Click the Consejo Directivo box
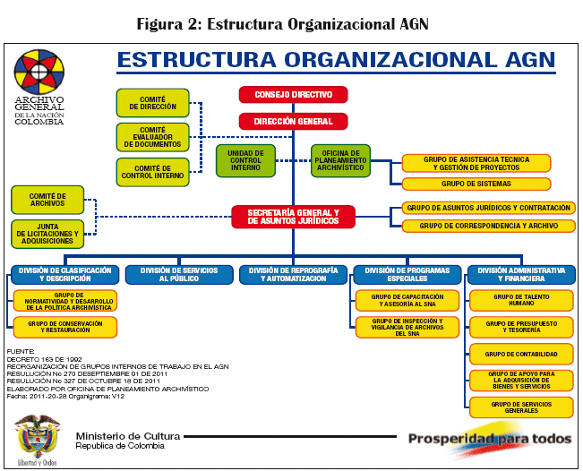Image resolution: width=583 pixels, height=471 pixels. coord(293,94)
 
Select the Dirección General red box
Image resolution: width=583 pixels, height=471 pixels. coord(293,121)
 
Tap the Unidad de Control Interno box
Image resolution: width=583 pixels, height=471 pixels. coord(245,160)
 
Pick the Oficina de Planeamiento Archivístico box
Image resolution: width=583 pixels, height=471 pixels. coord(340,160)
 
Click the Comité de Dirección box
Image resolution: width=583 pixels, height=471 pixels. coord(153,104)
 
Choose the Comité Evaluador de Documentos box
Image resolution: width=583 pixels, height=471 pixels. coord(153,137)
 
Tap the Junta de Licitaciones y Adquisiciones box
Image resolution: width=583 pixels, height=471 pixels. coord(47,234)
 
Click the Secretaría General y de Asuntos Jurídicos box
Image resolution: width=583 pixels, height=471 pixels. coord(293,216)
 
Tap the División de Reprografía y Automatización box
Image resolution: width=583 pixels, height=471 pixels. coord(293,274)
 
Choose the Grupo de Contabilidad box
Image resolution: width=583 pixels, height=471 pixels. coord(521,354)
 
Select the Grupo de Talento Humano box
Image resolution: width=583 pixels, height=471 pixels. coord(521,300)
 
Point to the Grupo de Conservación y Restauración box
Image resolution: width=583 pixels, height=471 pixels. coord(65,327)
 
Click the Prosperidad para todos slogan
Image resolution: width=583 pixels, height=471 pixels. coord(489,439)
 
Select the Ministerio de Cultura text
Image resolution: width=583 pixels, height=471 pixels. coord(127,436)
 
